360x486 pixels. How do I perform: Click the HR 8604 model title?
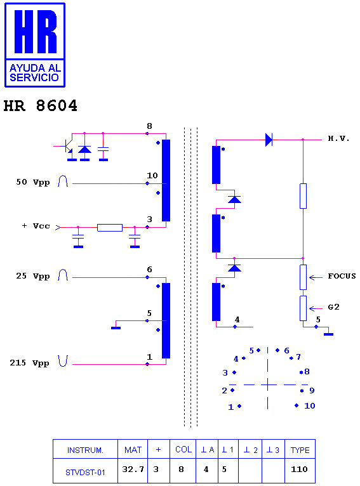coord(40,106)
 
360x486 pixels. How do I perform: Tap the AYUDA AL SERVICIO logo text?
coord(34,72)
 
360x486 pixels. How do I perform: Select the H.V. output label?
coord(338,138)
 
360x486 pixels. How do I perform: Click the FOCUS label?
coord(342,276)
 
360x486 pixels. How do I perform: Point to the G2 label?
coord(333,307)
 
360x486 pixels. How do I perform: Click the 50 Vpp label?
coord(33,182)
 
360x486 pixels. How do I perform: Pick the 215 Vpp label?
coord(29,363)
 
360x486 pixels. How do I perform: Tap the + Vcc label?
coord(36,226)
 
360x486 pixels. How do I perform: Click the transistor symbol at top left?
coord(67,147)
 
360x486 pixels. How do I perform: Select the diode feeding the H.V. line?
coord(269,140)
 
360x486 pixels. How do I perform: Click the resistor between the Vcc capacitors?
coord(110,228)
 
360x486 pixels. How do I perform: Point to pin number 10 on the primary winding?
coord(152,176)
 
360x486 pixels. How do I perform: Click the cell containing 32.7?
coord(133,470)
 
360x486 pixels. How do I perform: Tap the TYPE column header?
coord(300,450)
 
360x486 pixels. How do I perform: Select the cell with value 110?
coord(300,470)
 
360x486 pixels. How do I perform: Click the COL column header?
coord(183,449)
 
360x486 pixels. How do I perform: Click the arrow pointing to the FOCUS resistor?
coord(316,277)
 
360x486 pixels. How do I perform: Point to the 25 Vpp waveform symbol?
coord(63,275)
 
